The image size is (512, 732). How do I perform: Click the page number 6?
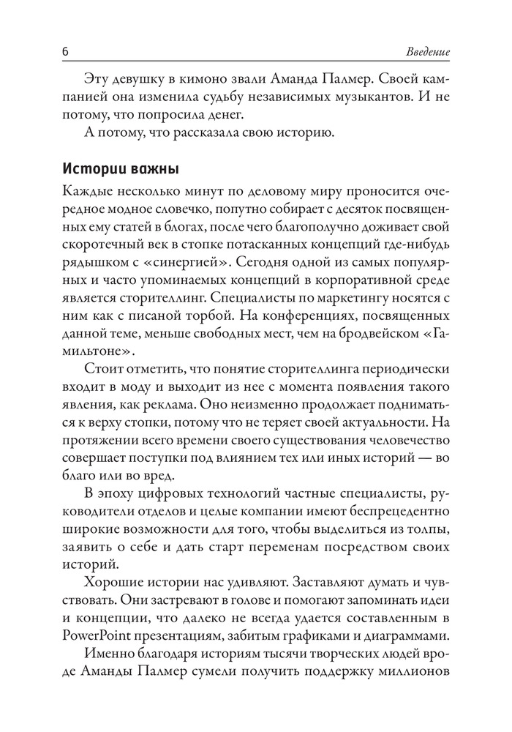point(65,53)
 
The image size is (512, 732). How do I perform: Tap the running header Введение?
point(426,53)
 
